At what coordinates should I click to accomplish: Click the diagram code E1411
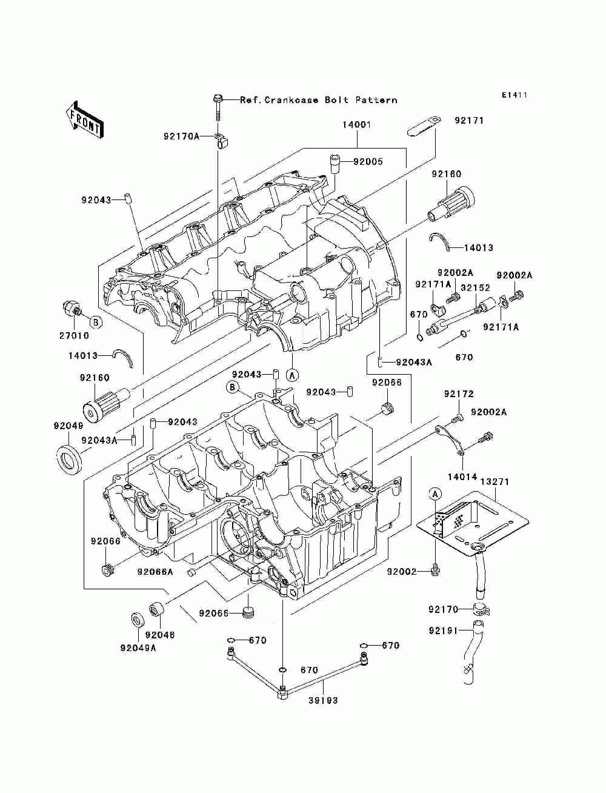click(514, 95)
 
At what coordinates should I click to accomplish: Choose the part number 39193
click(322, 700)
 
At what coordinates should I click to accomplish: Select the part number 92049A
click(138, 647)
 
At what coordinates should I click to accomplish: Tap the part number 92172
click(458, 394)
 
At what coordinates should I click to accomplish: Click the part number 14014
click(462, 477)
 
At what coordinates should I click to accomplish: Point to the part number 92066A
click(155, 572)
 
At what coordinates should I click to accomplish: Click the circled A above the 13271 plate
click(435, 494)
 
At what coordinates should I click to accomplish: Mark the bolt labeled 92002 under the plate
click(435, 570)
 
